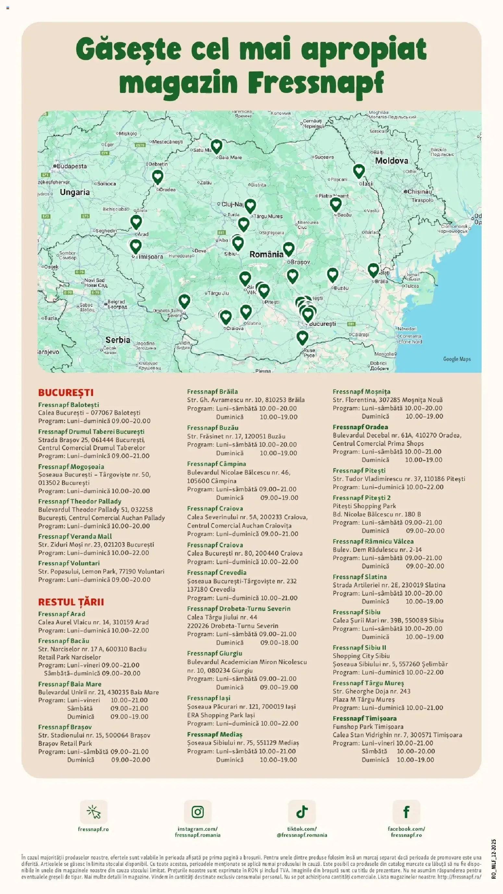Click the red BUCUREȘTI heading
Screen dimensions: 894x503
click(x=66, y=392)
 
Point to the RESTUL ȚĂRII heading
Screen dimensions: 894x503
click(x=71, y=602)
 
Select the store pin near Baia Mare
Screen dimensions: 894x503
click(x=216, y=147)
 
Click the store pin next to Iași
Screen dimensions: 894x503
click(x=359, y=171)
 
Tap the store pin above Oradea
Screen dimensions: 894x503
click(x=158, y=176)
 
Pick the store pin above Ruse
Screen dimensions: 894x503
click(x=302, y=337)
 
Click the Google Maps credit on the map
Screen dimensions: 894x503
click(x=457, y=359)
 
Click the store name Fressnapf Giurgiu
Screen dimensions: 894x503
click(x=214, y=653)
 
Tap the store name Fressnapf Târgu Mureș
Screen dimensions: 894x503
click(x=368, y=683)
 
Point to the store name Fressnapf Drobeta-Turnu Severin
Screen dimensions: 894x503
click(x=238, y=609)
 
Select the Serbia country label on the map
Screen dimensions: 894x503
click(x=118, y=340)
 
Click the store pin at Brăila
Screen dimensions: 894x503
click(x=373, y=270)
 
